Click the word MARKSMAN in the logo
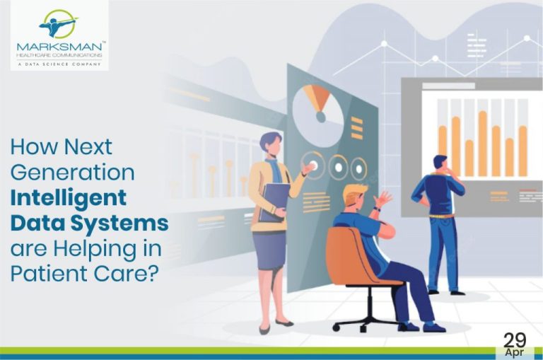[58, 47]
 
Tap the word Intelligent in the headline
[69, 198]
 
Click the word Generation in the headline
[72, 173]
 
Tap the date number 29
[515, 338]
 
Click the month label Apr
[515, 352]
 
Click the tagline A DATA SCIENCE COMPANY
[58, 63]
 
